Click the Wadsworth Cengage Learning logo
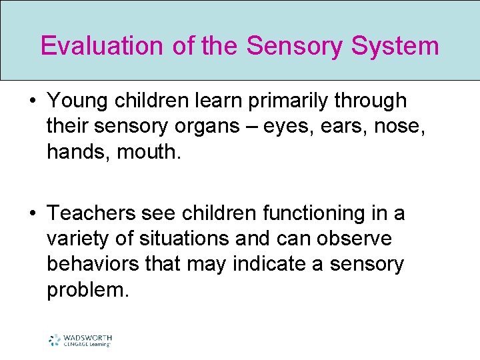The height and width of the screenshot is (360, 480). point(80,340)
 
